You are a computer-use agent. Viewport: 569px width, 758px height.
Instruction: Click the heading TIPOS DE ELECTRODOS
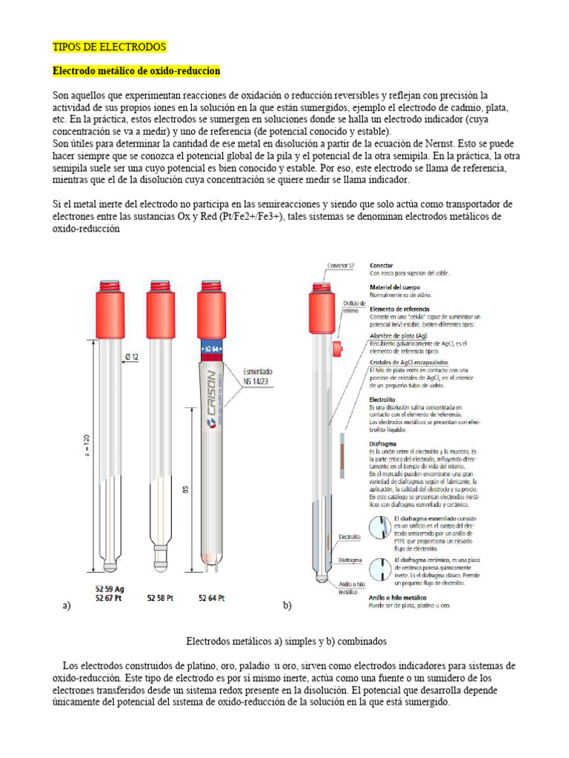coord(110,47)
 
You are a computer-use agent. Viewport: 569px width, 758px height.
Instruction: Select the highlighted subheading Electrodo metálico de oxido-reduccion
coord(136,70)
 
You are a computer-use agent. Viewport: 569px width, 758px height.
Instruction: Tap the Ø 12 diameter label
coord(133,356)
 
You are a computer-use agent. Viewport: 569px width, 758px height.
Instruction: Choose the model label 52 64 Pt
coord(212,597)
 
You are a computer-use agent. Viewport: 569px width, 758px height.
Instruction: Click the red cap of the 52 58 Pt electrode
coord(161,305)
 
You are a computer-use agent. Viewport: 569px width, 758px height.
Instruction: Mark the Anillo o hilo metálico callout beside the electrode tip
coord(349,588)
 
